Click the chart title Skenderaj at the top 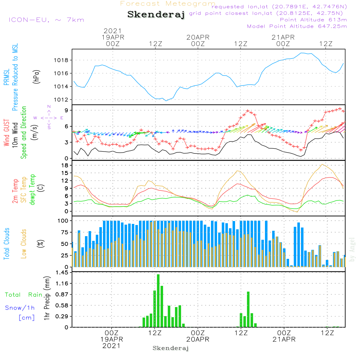[x=156, y=15]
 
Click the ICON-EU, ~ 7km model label [x=46, y=20]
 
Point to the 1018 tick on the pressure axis [x=62, y=60]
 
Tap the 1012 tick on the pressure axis [x=62, y=100]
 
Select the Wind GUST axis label [x=6, y=133]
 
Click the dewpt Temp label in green [x=32, y=190]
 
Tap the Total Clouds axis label [x=6, y=244]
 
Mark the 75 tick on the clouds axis [x=65, y=232]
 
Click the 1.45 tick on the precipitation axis [x=63, y=273]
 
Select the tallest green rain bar [x=158, y=301]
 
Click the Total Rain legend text [x=23, y=295]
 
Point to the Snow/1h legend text [x=20, y=308]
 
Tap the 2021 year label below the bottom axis [x=112, y=346]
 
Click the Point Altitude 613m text [x=313, y=19]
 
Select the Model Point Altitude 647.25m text [x=297, y=26]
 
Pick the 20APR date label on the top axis [x=198, y=37]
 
